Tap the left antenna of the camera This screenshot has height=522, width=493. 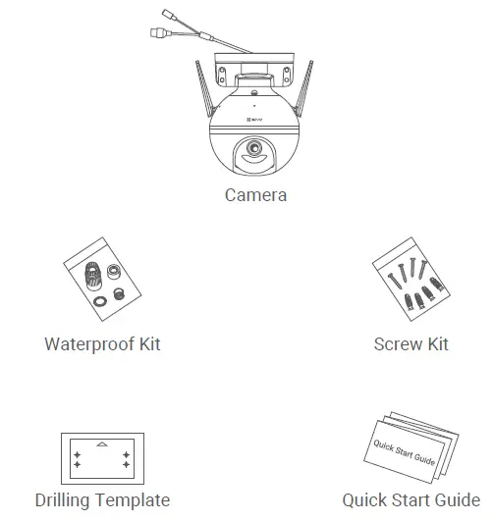pos(200,83)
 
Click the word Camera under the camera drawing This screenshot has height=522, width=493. pos(255,195)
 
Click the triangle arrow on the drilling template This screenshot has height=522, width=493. pos(102,444)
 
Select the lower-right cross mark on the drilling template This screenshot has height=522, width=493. pos(126,468)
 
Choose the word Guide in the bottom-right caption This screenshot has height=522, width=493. pos(458,500)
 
